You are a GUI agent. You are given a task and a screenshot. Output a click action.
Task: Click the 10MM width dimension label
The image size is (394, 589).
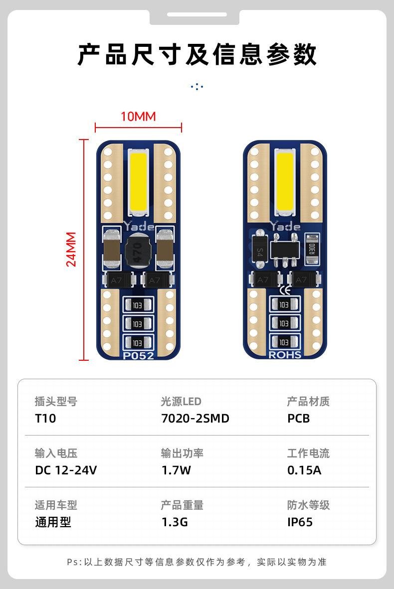click(x=138, y=117)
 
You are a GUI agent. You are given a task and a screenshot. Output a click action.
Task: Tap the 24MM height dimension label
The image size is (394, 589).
click(x=72, y=249)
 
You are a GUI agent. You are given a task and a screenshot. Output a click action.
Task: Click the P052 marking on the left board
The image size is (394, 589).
click(x=138, y=356)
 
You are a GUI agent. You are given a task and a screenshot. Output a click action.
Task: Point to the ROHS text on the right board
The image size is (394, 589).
click(x=285, y=355)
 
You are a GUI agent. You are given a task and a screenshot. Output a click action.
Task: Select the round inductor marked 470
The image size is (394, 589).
click(x=138, y=252)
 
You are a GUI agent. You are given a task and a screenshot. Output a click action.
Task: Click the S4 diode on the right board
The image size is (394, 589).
click(x=260, y=248)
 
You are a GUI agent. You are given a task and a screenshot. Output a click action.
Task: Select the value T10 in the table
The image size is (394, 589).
click(x=45, y=418)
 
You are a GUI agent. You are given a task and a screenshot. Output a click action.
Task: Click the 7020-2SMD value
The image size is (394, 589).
click(x=195, y=418)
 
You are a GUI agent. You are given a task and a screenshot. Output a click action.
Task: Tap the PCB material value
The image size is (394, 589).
click(x=298, y=418)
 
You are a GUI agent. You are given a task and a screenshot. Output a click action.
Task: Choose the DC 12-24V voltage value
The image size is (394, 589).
click(x=66, y=470)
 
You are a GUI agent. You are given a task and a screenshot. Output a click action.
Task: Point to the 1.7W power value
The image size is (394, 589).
click(x=176, y=470)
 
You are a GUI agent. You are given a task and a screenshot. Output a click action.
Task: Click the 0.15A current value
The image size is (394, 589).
click(x=304, y=470)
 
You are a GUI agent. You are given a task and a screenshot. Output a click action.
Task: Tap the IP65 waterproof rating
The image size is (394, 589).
click(x=300, y=522)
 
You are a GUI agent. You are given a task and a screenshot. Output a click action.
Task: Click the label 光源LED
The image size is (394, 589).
click(x=181, y=401)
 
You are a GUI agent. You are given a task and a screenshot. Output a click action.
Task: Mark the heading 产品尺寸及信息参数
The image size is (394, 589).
click(x=197, y=54)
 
